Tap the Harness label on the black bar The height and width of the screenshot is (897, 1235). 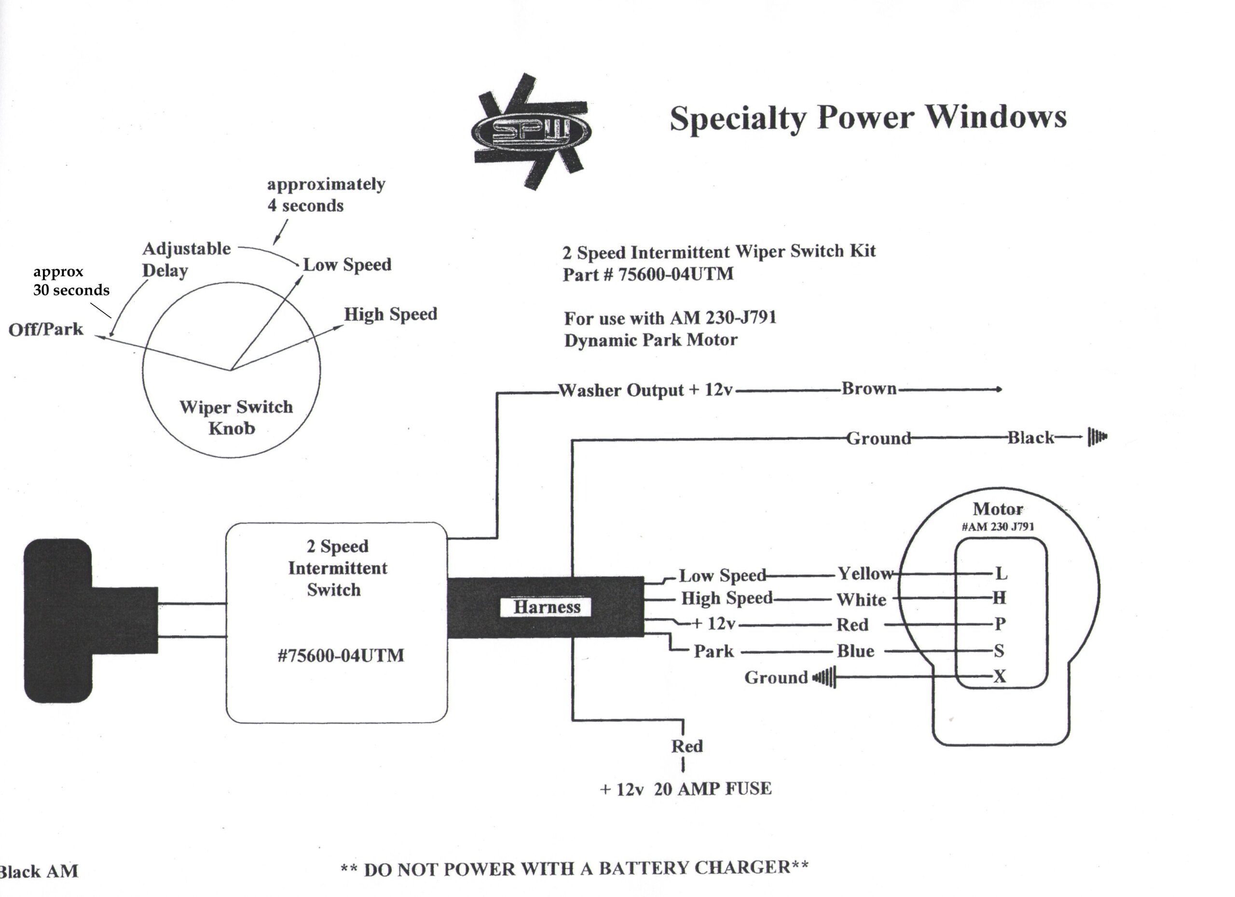click(x=546, y=607)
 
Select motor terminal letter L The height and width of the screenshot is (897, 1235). click(x=1001, y=573)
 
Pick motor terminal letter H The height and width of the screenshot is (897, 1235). click(x=999, y=598)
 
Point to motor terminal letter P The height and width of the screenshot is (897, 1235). click(x=1000, y=624)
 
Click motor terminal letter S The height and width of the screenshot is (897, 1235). click(x=999, y=651)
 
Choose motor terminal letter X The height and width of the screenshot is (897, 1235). click(x=1000, y=677)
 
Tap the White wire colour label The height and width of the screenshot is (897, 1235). click(x=862, y=600)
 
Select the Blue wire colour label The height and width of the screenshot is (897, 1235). click(x=855, y=651)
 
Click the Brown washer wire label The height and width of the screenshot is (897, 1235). click(x=869, y=389)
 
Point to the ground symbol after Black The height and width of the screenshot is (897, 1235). click(x=1097, y=436)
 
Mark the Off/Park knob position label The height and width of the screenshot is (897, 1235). click(x=46, y=329)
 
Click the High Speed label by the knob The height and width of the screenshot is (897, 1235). click(x=390, y=314)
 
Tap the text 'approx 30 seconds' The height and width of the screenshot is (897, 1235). click(x=71, y=281)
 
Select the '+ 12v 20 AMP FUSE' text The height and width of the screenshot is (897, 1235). click(x=686, y=788)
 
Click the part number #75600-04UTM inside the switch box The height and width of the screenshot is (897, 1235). click(x=341, y=655)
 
